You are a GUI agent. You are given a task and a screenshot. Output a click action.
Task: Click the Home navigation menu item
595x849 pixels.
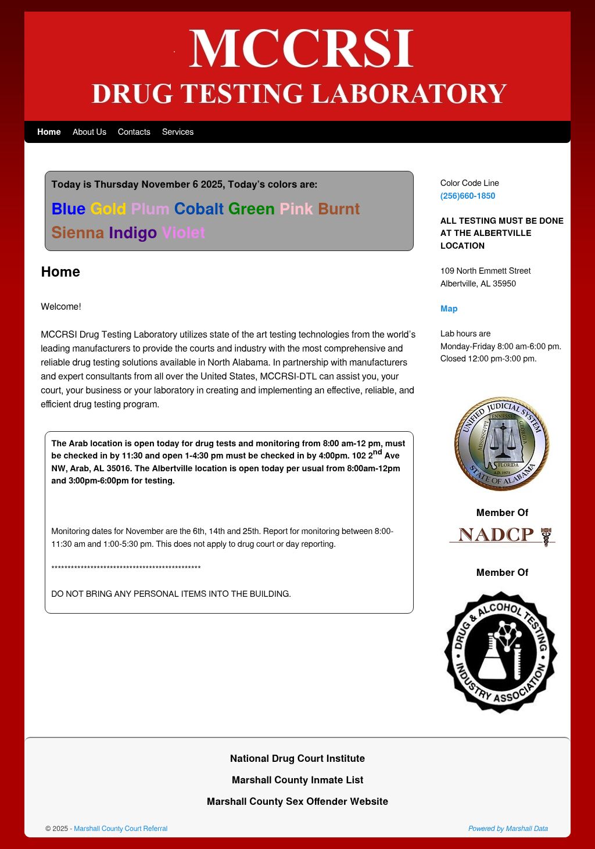[x=49, y=132]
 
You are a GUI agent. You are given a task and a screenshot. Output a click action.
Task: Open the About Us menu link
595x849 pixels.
[x=89, y=132]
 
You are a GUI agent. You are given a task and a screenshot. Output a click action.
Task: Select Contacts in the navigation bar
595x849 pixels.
[x=134, y=132]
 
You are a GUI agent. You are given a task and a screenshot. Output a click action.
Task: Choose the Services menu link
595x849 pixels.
[x=178, y=132]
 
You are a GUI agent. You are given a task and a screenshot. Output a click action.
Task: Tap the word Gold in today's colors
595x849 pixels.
[x=108, y=209]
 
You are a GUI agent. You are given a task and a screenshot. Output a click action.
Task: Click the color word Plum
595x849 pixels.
[x=150, y=209]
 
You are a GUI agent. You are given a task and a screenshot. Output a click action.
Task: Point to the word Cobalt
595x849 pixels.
[x=199, y=209]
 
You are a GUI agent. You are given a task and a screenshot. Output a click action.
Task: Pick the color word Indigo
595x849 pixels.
[x=132, y=232]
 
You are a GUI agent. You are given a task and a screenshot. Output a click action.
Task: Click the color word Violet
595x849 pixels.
[x=183, y=232]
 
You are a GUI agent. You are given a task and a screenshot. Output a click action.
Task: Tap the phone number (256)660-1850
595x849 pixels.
[x=468, y=196]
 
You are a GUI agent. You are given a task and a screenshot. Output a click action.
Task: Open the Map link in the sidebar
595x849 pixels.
[x=449, y=309]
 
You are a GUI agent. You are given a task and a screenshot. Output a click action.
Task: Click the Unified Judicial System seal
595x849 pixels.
[x=501, y=445]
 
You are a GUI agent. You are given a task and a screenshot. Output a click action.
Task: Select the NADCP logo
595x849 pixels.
[x=502, y=535]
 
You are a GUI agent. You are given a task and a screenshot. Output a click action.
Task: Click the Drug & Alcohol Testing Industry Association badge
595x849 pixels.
[x=501, y=652]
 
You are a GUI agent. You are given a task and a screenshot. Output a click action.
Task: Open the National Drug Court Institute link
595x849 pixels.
[x=297, y=758]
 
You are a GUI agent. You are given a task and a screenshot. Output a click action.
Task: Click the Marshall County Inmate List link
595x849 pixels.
[x=297, y=780]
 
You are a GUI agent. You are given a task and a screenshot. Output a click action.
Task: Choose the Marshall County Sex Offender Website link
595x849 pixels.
[x=297, y=801]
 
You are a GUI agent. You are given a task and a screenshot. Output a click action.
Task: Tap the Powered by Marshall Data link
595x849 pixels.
[x=508, y=829]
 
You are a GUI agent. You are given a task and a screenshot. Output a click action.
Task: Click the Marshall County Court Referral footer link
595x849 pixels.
[x=120, y=829]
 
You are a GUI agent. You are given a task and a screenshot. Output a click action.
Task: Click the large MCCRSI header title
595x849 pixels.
[x=301, y=49]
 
